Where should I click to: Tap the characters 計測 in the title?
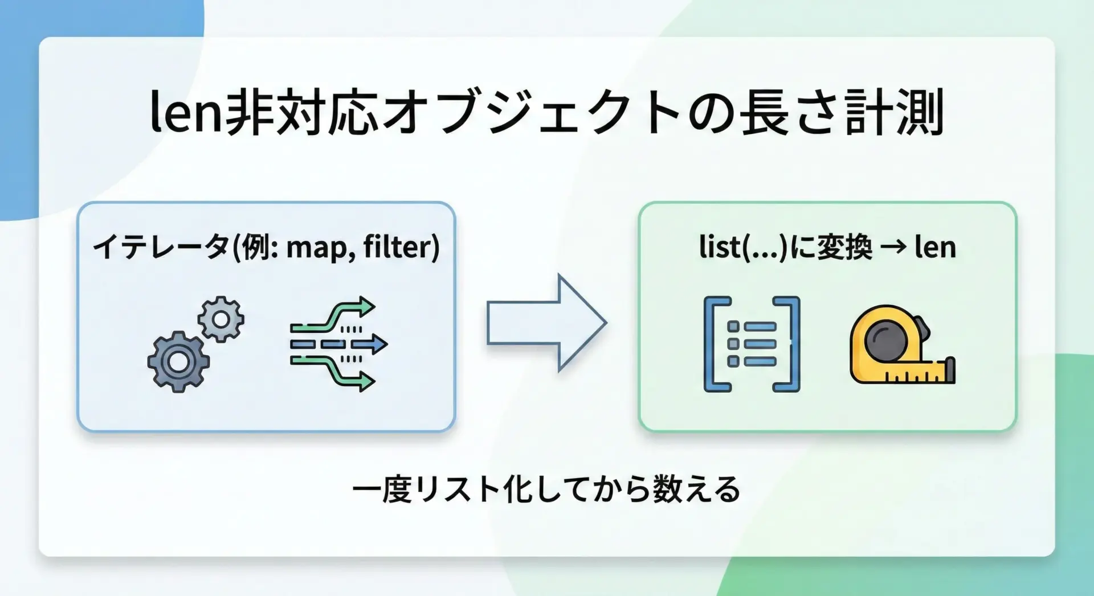pos(895,112)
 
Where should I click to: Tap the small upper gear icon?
pos(221,319)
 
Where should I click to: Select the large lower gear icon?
pos(178,362)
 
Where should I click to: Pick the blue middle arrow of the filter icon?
pos(339,344)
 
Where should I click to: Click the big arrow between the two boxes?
pos(546,323)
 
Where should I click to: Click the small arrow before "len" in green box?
pos(893,248)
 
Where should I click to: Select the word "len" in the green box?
pos(935,247)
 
